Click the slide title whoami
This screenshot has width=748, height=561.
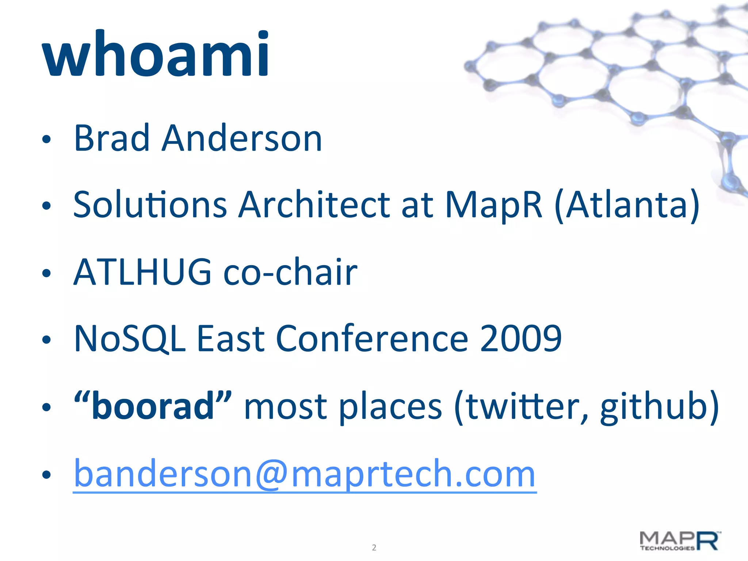(x=156, y=55)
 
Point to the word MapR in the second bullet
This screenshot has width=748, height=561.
(x=493, y=205)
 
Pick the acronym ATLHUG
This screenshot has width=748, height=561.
(x=142, y=272)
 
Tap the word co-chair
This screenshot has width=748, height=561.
(x=290, y=272)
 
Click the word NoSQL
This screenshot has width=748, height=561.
(x=130, y=339)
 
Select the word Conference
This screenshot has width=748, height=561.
(x=372, y=339)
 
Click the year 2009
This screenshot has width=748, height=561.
(x=520, y=339)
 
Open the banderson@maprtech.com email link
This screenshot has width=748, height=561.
(x=305, y=474)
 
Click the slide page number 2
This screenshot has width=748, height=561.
(x=374, y=547)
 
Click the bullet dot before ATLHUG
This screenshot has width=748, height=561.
(x=46, y=273)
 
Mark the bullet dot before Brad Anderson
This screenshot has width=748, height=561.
(x=46, y=139)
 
